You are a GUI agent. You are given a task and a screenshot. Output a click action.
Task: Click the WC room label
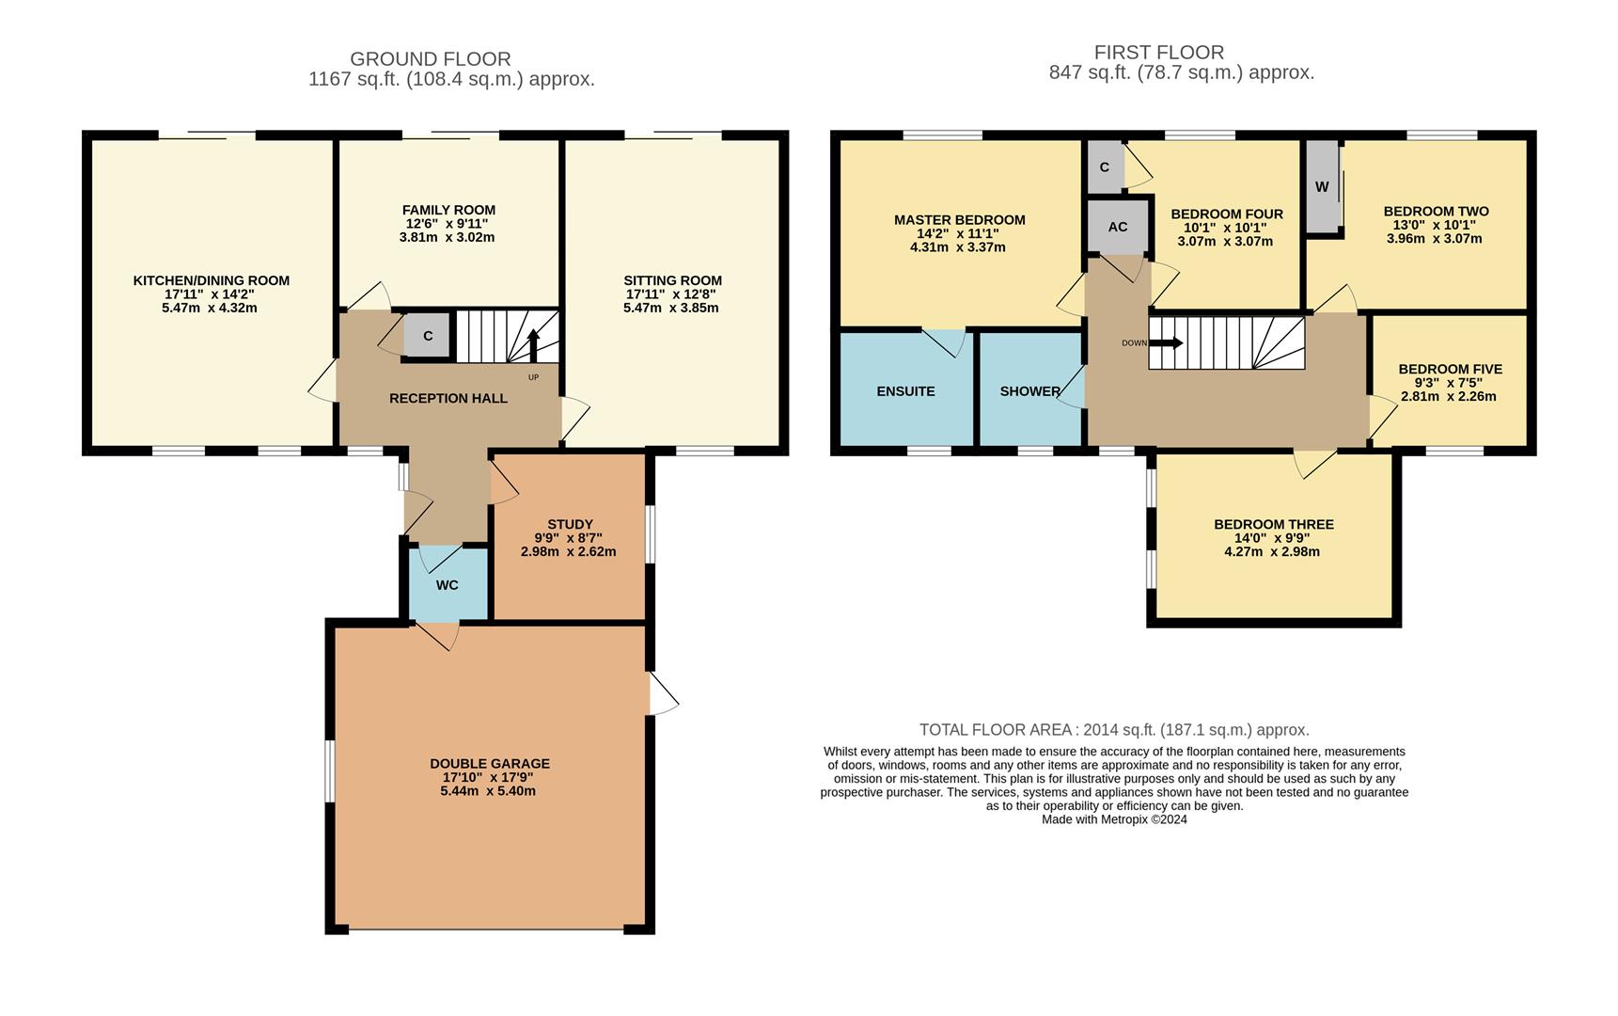[448, 585]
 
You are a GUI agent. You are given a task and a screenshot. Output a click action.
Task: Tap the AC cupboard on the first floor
[1118, 227]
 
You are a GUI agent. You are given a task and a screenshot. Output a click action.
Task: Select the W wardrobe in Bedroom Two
[1322, 187]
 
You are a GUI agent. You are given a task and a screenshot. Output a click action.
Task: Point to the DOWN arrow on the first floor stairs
[1166, 342]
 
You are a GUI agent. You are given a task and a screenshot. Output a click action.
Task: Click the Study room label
[570, 524]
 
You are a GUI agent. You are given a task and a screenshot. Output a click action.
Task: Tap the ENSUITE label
[905, 391]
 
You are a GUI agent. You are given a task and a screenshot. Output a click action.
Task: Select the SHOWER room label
[1029, 391]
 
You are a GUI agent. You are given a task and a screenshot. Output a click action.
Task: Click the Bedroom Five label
[1450, 369]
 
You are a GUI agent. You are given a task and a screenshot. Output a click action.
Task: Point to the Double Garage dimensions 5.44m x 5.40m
[488, 791]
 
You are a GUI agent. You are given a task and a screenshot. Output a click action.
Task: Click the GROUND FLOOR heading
[430, 59]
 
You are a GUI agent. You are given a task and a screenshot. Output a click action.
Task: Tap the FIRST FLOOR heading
[1158, 53]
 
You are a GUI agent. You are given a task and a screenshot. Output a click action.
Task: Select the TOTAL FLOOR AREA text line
[1114, 730]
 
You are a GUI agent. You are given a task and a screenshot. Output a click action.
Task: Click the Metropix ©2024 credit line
[1114, 819]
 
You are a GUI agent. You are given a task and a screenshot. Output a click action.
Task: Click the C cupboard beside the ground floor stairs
[428, 336]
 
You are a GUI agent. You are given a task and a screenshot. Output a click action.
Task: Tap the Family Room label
[448, 210]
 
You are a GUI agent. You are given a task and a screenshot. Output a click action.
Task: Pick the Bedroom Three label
[1273, 524]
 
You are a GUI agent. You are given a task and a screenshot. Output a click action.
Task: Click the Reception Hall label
[448, 398]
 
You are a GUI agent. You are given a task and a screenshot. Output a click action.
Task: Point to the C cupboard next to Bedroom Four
[1105, 167]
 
